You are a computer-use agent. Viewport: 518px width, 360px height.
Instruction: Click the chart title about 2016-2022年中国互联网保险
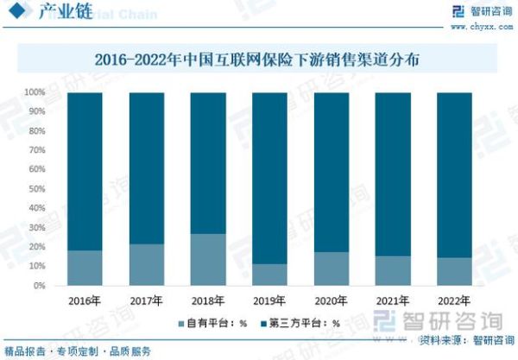(259, 60)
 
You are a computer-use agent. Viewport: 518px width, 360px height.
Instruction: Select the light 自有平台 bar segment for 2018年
(208, 260)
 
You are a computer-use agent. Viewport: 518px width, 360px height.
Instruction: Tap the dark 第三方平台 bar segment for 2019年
(269, 178)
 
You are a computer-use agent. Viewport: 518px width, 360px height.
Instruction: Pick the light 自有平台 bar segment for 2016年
(85, 268)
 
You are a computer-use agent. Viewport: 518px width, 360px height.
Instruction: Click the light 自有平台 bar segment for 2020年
(332, 268)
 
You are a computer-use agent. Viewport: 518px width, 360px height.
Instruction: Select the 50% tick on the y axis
(36, 189)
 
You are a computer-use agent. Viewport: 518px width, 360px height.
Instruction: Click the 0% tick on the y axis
(39, 286)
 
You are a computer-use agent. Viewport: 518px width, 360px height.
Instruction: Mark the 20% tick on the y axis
(36, 247)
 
